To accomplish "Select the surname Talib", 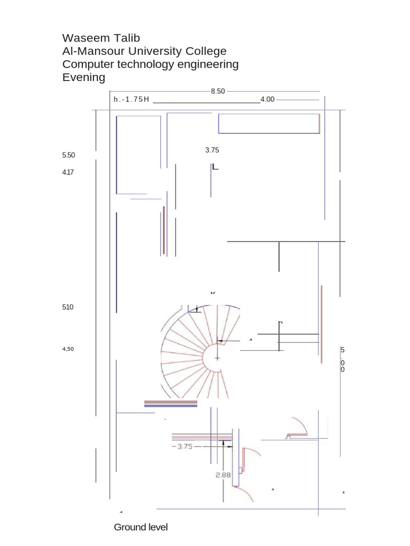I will [x=126, y=38].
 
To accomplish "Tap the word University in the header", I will [x=151, y=51].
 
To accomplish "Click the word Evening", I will [x=84, y=78].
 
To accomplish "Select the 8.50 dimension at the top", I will [x=218, y=91].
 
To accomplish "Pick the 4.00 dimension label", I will [x=267, y=99].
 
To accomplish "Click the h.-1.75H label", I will [x=131, y=100].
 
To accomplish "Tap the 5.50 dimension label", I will [x=68, y=155].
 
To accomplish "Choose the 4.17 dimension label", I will [x=68, y=172].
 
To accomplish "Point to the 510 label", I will [x=68, y=307].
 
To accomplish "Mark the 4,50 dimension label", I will [x=68, y=349].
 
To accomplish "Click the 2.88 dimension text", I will [x=223, y=475].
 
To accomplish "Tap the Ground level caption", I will [x=140, y=527].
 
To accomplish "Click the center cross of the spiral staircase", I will [x=217, y=358].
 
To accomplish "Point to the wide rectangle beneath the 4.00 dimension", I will [x=269, y=123].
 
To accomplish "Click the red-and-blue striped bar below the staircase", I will [x=171, y=404].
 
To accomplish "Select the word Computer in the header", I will [x=89, y=65].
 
